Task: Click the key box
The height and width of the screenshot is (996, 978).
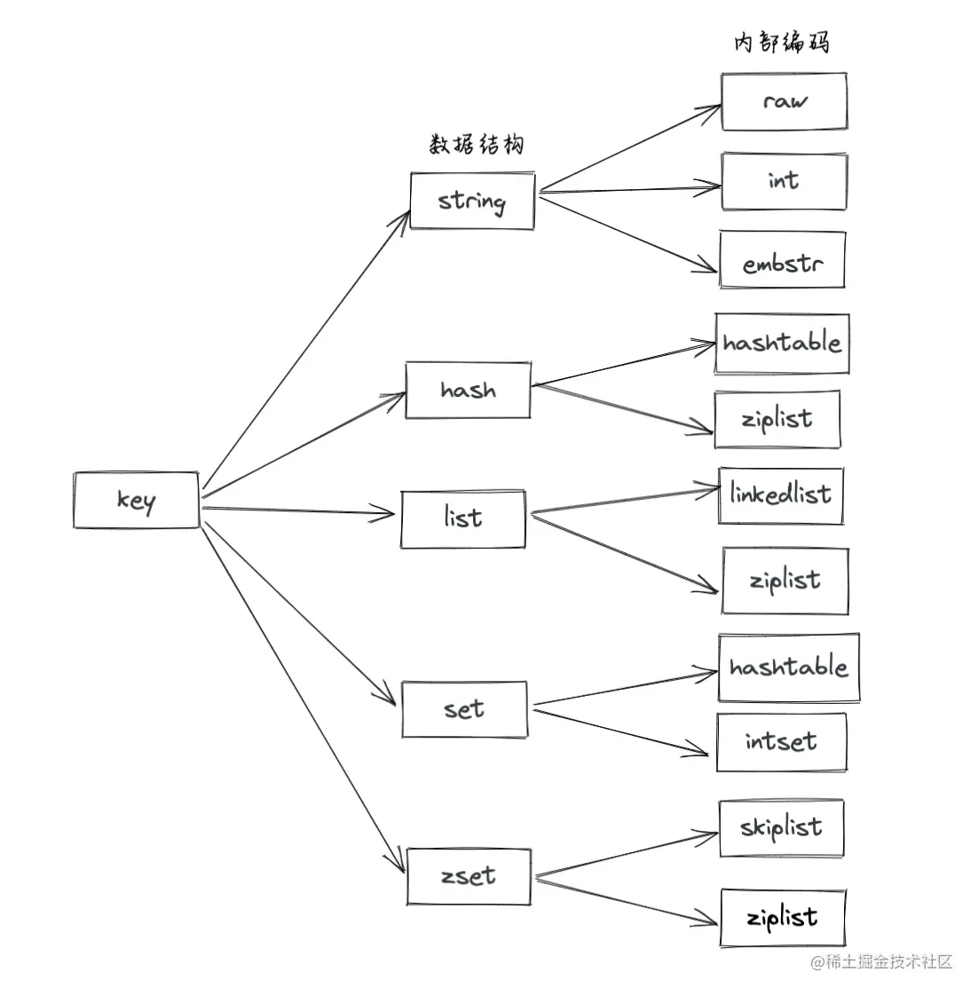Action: coord(136,501)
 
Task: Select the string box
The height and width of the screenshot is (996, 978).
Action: coord(472,201)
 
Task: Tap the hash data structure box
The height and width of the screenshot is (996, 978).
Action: coord(468,390)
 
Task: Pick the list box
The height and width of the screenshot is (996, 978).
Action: coord(462,518)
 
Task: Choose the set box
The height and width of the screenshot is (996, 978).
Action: coord(464,709)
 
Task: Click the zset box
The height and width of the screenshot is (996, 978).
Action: coord(469,876)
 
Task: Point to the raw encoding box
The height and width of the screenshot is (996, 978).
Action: coord(784,101)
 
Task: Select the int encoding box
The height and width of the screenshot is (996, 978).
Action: coord(784,181)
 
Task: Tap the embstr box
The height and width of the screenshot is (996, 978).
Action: coord(782,261)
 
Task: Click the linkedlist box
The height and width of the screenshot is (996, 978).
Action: coord(781,495)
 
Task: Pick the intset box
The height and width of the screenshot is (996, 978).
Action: coord(781,741)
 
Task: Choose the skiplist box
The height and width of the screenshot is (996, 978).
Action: coord(781,828)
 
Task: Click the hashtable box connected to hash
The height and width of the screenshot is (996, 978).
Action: coord(782,343)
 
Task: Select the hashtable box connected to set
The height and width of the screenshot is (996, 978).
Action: coord(788,668)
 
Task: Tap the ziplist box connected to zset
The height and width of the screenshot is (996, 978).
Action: coord(782,917)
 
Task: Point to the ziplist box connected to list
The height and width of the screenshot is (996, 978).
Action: coord(785,581)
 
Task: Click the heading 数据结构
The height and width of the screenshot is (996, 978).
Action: coord(477,145)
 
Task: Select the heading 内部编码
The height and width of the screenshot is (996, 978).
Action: coord(781,42)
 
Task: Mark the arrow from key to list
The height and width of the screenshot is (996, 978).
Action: coord(297,510)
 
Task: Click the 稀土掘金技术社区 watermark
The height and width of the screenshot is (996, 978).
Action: coord(880,961)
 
